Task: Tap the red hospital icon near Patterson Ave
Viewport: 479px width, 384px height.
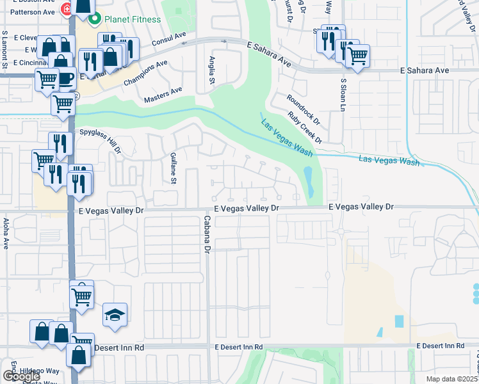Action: tap(65, 10)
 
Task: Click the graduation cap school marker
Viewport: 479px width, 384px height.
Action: tap(115, 315)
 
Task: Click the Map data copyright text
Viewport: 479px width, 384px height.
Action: tap(452, 379)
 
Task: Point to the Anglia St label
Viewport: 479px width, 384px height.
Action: tap(211, 72)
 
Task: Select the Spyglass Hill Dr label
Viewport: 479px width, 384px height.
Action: tap(100, 141)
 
